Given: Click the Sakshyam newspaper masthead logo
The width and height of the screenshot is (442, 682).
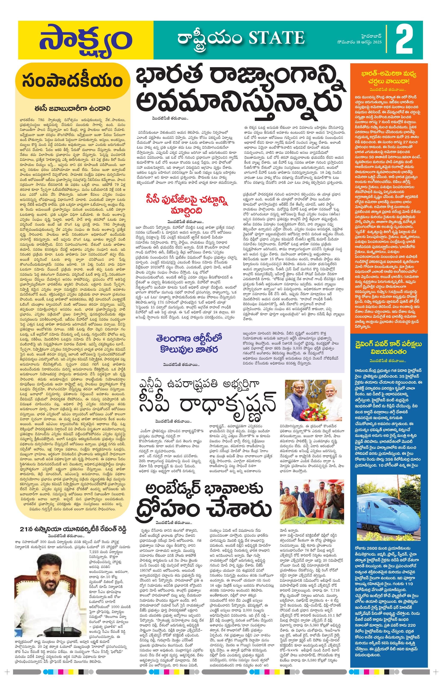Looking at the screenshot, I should coord(85,40).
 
